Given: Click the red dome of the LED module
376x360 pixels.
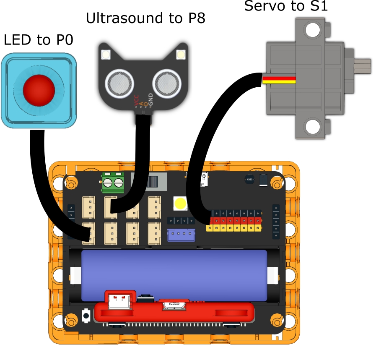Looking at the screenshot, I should tap(39, 88).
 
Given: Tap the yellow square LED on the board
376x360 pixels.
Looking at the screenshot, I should tap(181, 203).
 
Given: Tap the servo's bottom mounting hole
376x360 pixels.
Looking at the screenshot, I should tap(312, 127).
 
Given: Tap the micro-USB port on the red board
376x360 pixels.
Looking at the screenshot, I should tap(175, 305).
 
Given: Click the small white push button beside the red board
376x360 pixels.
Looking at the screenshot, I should tap(86, 315).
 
